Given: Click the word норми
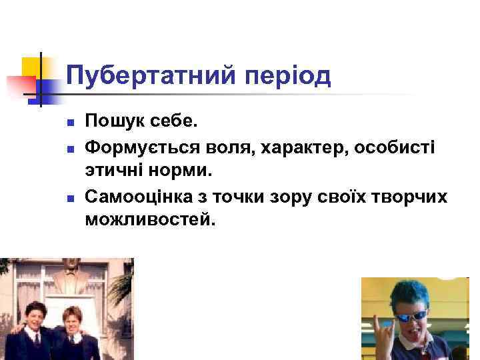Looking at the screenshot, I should tap(181, 169).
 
